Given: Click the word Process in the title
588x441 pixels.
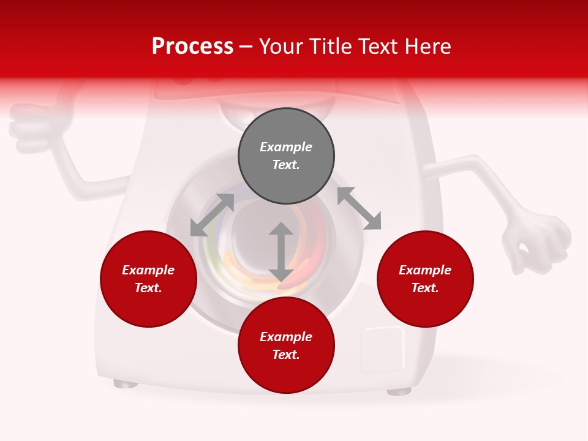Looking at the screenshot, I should (x=192, y=47).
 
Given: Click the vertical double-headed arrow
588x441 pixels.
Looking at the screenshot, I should (x=281, y=252).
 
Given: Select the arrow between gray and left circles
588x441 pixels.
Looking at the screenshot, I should (x=212, y=215).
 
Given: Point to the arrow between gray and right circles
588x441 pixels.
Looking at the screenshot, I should (x=359, y=208).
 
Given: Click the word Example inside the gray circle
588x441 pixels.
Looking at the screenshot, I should (x=286, y=147).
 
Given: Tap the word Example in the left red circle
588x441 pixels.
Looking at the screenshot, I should (x=148, y=270).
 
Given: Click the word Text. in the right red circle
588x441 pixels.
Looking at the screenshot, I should (x=425, y=288).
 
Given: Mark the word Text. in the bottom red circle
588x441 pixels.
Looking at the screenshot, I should (x=286, y=355).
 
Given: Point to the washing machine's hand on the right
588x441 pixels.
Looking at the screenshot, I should (x=536, y=242).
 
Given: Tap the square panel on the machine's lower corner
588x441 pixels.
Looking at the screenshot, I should (x=383, y=349).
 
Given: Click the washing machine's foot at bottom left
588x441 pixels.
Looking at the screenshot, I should (x=126, y=384).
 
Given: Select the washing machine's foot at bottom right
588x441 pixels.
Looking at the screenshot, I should (x=399, y=391).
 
